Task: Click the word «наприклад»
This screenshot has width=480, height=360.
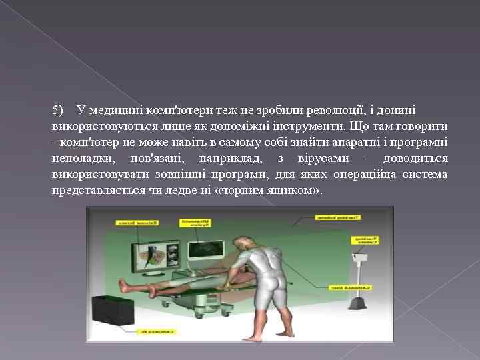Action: tap(226, 159)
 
